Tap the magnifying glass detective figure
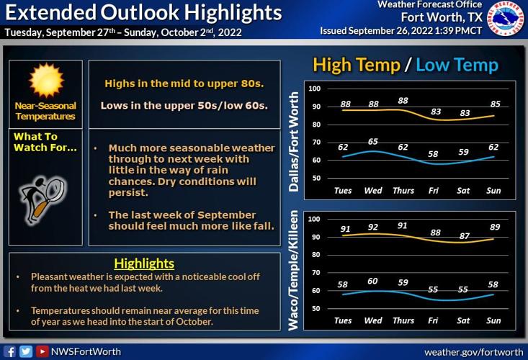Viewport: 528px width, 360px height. [40, 195]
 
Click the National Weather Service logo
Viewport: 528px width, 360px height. [507, 19]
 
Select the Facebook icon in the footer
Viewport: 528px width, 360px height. [10, 351]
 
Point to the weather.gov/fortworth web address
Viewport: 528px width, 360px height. [473, 351]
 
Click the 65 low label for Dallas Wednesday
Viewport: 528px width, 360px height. [372, 142]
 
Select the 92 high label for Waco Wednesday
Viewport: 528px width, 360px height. [372, 227]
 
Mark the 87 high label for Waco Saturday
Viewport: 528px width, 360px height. [465, 236]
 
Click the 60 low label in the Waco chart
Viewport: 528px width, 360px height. [372, 281]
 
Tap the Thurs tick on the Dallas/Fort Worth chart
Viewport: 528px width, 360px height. [403, 190]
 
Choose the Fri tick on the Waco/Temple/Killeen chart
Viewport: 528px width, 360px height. [435, 320]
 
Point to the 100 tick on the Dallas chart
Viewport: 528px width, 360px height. [314, 89]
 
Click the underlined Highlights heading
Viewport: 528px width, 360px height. [144, 264]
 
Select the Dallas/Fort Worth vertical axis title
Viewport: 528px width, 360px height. [294, 144]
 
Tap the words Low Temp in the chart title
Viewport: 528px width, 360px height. [457, 65]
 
